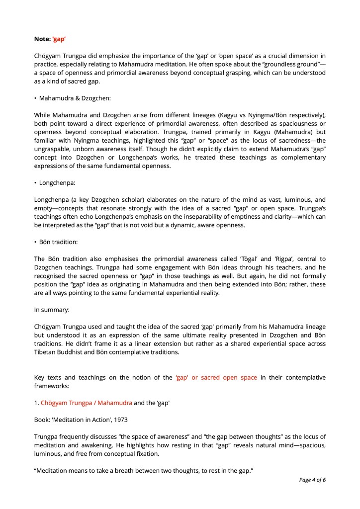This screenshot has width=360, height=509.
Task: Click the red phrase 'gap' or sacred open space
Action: point(216,377)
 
